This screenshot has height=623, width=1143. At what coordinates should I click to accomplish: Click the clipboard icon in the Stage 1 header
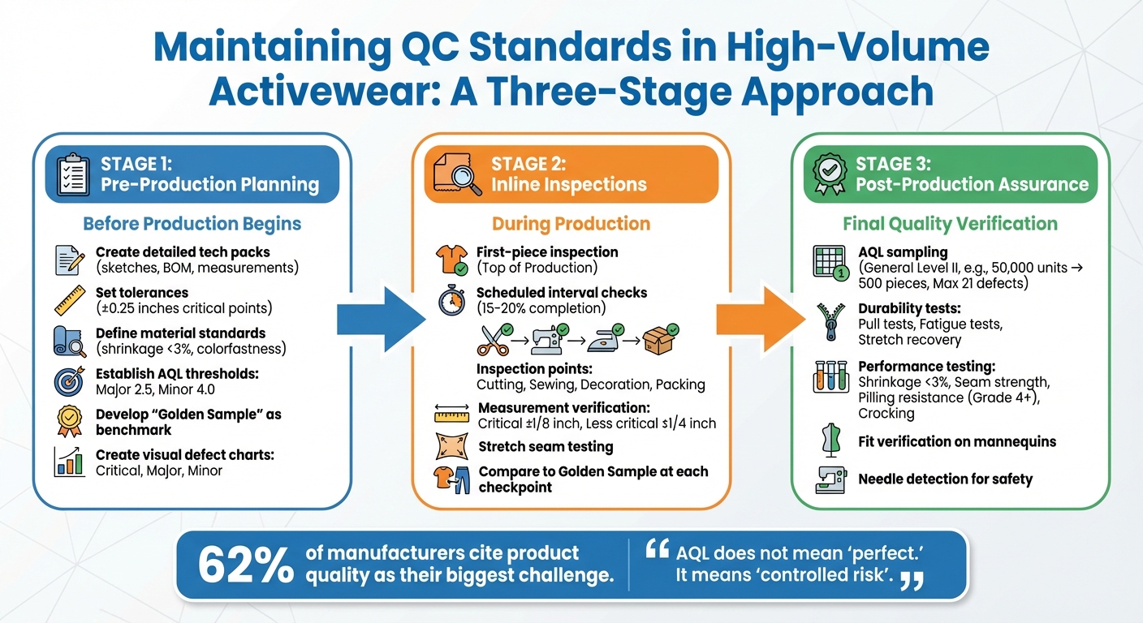[x=73, y=174]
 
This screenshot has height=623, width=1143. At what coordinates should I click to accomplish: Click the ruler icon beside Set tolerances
[x=70, y=300]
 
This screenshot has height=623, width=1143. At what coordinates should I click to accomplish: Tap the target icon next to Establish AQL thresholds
[x=70, y=380]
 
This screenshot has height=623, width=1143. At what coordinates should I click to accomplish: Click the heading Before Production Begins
[x=192, y=224]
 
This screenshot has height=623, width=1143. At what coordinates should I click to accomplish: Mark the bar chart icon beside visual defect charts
[x=70, y=462]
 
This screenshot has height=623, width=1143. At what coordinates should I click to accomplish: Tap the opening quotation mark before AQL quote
[x=656, y=552]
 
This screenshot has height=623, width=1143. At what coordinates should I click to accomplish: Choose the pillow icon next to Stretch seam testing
[x=451, y=445]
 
